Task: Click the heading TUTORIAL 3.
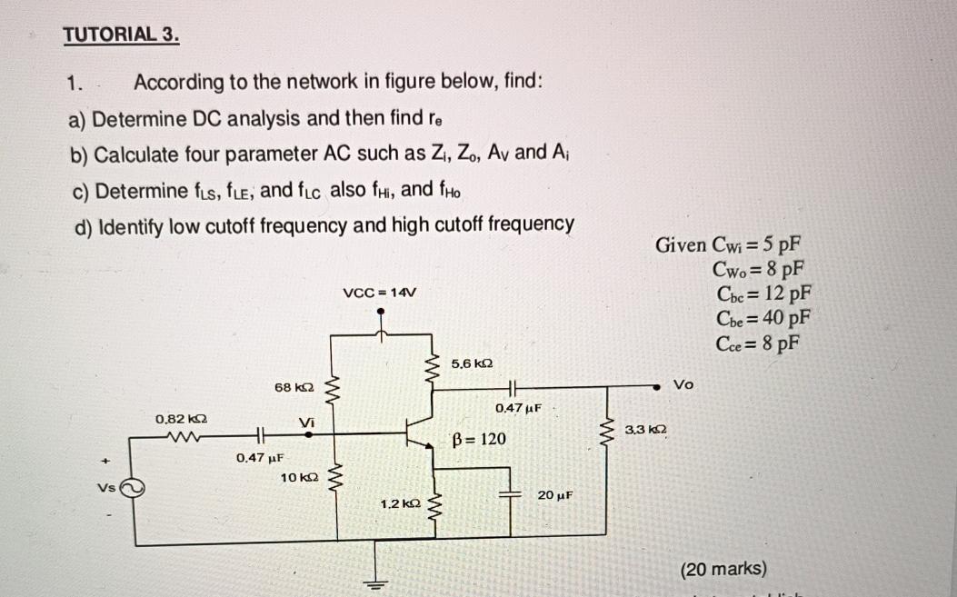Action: click(121, 35)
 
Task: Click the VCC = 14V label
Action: click(380, 292)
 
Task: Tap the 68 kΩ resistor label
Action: click(294, 388)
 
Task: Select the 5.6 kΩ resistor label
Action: click(472, 363)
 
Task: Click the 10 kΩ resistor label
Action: click(299, 477)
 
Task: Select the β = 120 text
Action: click(479, 440)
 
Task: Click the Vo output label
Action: click(683, 385)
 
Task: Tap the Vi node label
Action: click(307, 422)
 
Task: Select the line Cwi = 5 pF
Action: click(729, 244)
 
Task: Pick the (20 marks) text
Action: click(723, 570)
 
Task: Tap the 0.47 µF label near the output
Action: click(520, 409)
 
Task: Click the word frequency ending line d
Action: click(533, 224)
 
